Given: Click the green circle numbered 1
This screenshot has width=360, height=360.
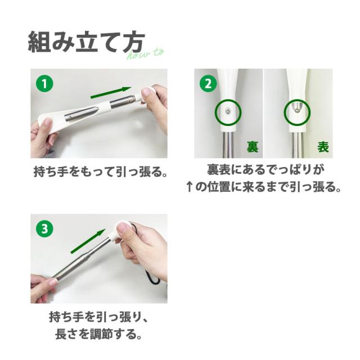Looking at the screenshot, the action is (x=44, y=83).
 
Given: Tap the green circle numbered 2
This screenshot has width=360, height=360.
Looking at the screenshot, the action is (x=208, y=83).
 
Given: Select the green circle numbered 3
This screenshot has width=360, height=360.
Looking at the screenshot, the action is (x=44, y=229).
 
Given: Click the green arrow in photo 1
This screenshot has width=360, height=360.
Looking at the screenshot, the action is (x=111, y=93).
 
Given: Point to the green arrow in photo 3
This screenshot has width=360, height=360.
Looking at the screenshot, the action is (x=88, y=241).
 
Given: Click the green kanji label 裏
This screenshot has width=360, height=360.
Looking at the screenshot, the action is (x=253, y=147).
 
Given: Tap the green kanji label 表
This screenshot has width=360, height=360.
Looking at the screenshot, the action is (x=323, y=147).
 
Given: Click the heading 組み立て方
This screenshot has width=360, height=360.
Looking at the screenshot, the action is (x=86, y=42).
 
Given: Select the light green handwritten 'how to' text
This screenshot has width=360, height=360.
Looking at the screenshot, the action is (x=146, y=55).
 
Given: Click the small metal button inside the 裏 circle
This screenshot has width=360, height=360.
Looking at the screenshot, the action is (x=228, y=112).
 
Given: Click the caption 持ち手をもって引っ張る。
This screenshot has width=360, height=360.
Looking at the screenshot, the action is (x=100, y=172).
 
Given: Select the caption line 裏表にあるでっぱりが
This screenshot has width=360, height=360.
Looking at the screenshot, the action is (x=266, y=170).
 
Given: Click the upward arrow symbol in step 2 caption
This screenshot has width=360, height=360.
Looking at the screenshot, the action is (x=189, y=187).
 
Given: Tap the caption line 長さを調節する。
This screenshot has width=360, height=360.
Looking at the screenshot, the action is (x=98, y=334).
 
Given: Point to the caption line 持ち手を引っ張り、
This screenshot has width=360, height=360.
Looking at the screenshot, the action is (x=99, y=317).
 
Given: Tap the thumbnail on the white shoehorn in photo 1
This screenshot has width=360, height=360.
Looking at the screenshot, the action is (x=47, y=122).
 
